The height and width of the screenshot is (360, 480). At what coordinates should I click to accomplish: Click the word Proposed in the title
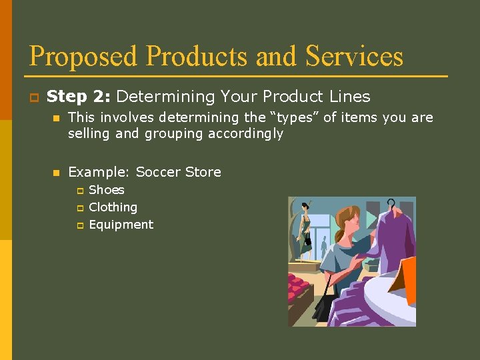click(x=84, y=57)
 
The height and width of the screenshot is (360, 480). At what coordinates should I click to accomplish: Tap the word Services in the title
click(x=354, y=56)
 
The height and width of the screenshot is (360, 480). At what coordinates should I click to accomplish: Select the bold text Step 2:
click(x=79, y=97)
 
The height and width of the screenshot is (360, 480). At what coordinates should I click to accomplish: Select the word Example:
click(x=99, y=172)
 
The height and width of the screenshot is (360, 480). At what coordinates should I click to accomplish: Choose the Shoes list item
click(x=107, y=190)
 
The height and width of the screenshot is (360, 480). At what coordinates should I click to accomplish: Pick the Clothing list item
click(x=113, y=207)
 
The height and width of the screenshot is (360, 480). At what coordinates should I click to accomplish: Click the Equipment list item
click(x=121, y=225)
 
